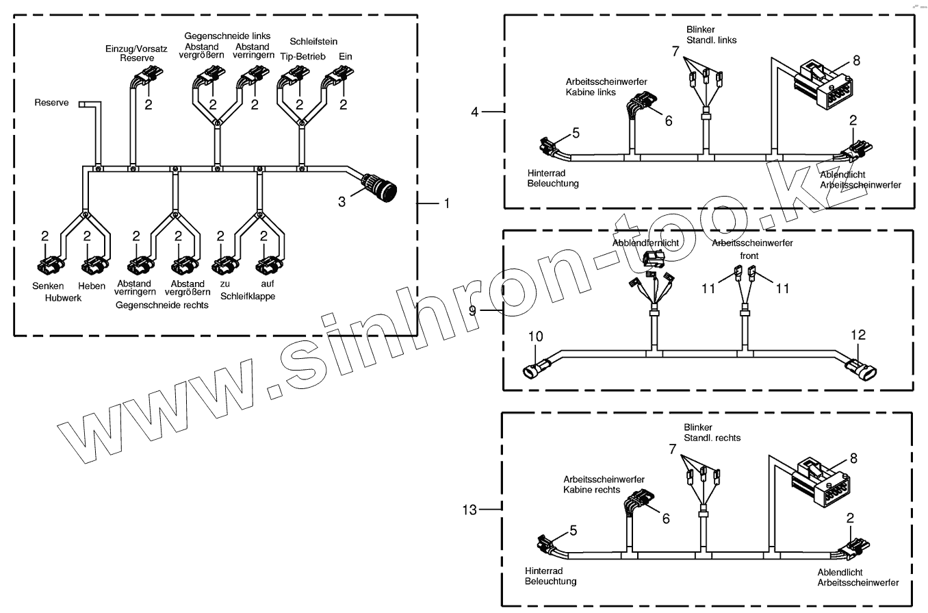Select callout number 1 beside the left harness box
click(446, 203)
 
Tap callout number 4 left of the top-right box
click(476, 111)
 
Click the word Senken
click(47, 285)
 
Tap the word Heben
click(91, 285)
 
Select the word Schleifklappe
click(248, 297)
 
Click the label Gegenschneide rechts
click(162, 305)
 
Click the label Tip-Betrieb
click(302, 55)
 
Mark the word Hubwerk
click(63, 298)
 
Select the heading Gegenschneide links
click(226, 35)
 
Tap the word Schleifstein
click(313, 42)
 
